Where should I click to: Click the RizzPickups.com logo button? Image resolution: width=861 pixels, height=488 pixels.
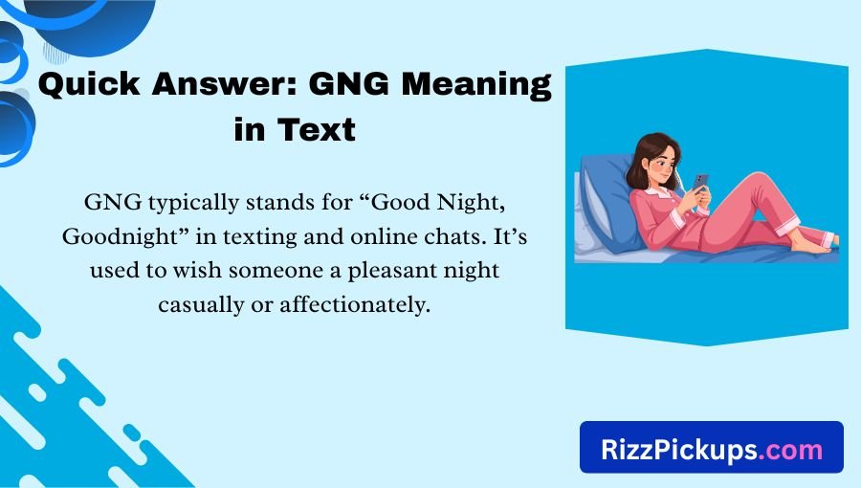711,448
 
